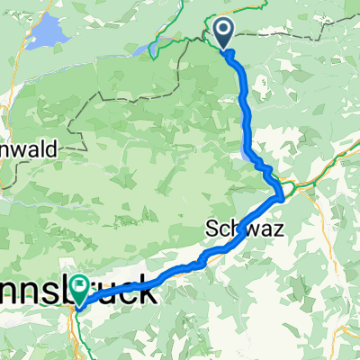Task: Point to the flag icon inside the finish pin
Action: (x=80, y=285)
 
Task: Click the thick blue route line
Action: (x=246, y=108)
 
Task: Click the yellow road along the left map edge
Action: (x=4, y=99)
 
